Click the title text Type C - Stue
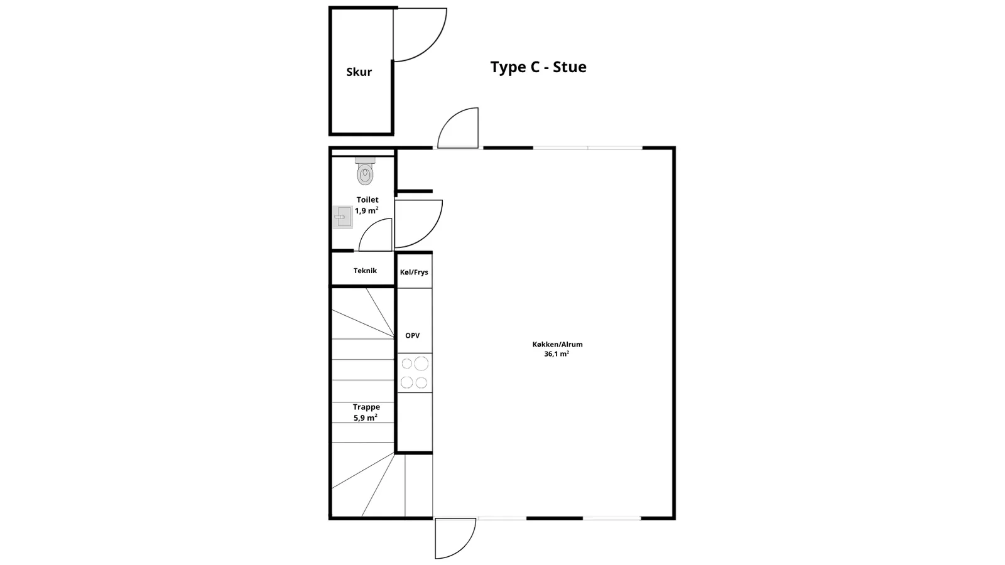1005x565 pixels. (538, 67)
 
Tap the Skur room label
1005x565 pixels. (359, 72)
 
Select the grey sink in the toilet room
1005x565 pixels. (343, 217)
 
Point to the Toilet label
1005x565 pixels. (367, 200)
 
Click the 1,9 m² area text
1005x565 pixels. (367, 210)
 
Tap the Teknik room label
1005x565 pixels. (365, 271)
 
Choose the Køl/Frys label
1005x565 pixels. (414, 272)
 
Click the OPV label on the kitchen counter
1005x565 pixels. (412, 335)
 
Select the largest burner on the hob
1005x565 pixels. (421, 363)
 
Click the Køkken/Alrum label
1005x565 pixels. (557, 345)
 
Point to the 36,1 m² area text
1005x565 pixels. (557, 354)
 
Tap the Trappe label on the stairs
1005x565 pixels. (366, 407)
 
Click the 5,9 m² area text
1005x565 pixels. (365, 417)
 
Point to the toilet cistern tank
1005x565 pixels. (365, 160)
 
